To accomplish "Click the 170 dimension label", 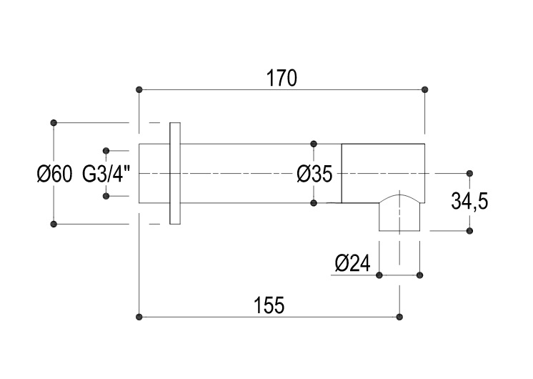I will (282, 78).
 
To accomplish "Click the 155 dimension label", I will (269, 305).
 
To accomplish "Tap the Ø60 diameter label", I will (54, 174).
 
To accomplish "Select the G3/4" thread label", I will (106, 174).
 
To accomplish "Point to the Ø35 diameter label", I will (314, 174).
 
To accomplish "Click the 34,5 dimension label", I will (469, 202).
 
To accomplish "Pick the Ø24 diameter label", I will (352, 264).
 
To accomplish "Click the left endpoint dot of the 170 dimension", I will (139, 89).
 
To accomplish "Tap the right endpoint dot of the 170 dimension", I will (426, 89).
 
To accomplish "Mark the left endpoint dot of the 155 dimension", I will (139, 317).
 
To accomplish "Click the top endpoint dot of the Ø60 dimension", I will (54, 122).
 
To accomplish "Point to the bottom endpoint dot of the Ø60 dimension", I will (54, 224).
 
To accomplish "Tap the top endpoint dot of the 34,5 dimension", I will (469, 173).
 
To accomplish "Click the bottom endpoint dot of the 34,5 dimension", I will (469, 230).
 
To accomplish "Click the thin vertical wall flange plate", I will (175, 174).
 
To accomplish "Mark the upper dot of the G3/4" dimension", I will (106, 150).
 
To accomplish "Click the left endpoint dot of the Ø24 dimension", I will (379, 275).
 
